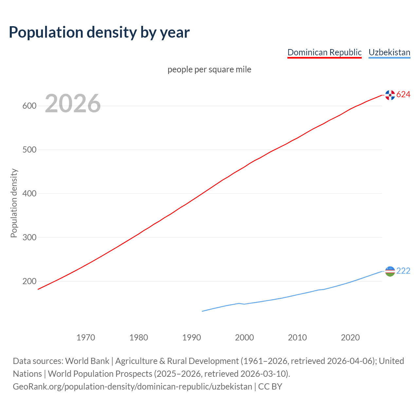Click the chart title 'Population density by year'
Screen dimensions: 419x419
[x=99, y=32]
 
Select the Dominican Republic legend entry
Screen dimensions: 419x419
[x=324, y=52]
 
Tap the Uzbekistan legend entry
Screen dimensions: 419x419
[x=389, y=52]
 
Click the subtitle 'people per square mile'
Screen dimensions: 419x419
[x=209, y=70]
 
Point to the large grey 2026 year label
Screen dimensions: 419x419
[x=73, y=103]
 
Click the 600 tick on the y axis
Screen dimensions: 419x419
[x=29, y=106]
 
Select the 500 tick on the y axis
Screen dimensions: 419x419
[x=29, y=150]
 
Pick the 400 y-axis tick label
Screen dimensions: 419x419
[x=29, y=194]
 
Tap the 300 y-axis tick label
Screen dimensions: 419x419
[x=29, y=238]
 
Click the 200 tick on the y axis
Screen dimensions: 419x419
[x=29, y=282]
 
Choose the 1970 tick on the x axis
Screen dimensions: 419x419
[x=86, y=337]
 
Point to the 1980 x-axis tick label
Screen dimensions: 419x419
[x=139, y=337]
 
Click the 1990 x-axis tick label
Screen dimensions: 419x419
[x=191, y=337]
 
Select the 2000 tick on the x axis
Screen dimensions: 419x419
[x=245, y=337]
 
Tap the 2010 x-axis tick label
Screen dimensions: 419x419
[x=298, y=337]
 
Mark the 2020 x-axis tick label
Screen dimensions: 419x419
[x=350, y=337]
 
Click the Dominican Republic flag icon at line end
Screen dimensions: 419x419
[x=390, y=95]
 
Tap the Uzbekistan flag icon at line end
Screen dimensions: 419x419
[x=390, y=271]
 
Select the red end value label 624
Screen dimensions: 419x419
[x=403, y=95]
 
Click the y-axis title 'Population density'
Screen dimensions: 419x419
[x=14, y=203]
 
